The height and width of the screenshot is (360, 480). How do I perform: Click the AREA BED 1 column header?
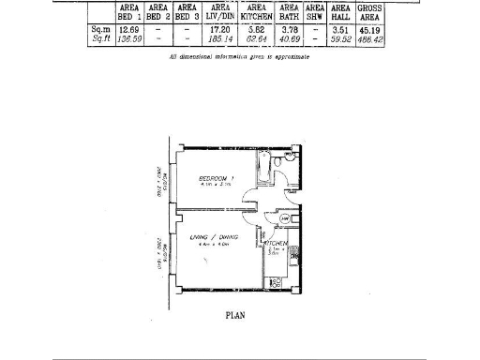pyautogui.click(x=130, y=12)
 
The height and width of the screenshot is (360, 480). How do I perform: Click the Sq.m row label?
pyautogui.click(x=100, y=30)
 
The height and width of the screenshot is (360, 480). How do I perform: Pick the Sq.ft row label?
pyautogui.click(x=100, y=40)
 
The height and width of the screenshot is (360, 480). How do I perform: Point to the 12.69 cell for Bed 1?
pyautogui.click(x=130, y=30)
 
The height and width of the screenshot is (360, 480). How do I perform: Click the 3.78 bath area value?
pyautogui.click(x=290, y=30)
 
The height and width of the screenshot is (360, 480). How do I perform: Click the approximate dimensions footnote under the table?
pyautogui.click(x=239, y=57)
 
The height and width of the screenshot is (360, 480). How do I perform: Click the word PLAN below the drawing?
pyautogui.click(x=236, y=316)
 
